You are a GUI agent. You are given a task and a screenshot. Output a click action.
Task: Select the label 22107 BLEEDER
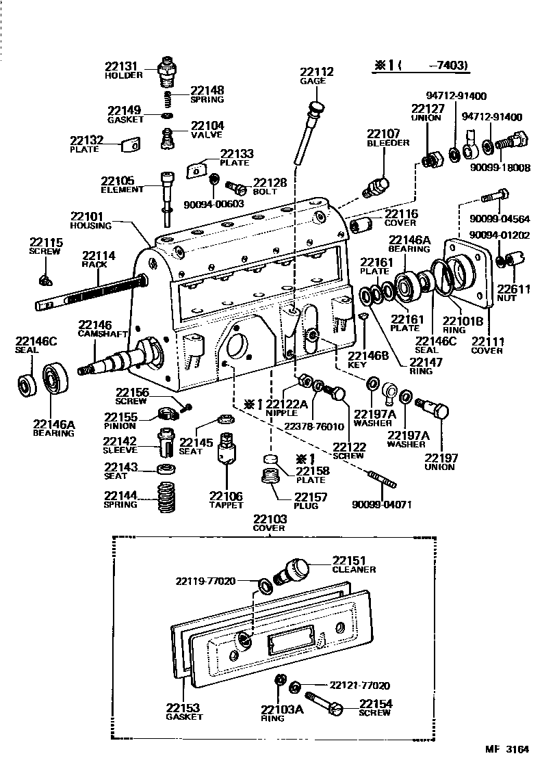click(387, 138)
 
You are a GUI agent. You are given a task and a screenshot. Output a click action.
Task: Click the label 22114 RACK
click(99, 259)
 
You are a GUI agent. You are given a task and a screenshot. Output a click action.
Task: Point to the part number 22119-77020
click(205, 581)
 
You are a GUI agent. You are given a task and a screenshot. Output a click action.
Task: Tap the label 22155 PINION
click(120, 421)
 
